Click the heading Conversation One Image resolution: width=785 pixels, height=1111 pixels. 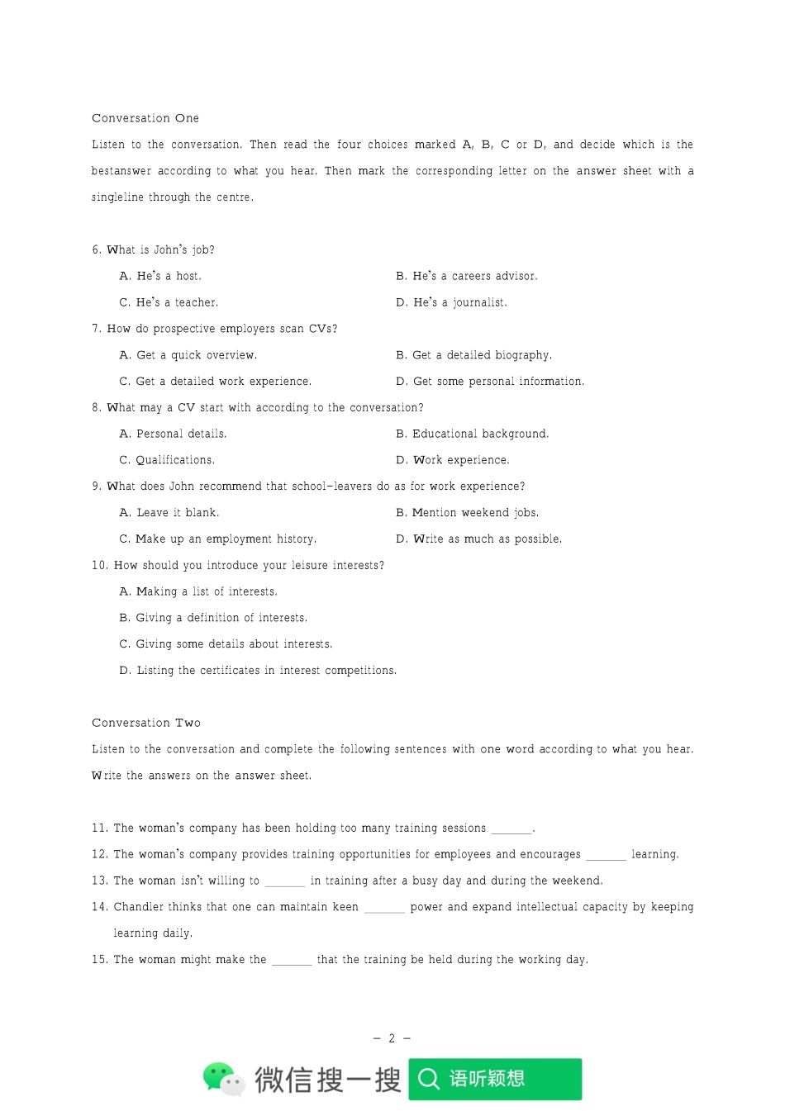[x=145, y=118]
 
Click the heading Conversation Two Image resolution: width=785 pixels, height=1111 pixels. [x=146, y=723]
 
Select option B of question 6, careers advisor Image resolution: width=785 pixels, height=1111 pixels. [x=467, y=276]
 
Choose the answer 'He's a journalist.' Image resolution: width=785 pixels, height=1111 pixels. [x=451, y=302]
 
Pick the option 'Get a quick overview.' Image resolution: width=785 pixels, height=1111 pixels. [x=188, y=355]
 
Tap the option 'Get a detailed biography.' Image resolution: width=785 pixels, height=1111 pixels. [x=473, y=355]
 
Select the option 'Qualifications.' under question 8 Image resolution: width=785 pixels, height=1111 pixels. [x=167, y=460]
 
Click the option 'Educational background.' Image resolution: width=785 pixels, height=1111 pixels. [x=472, y=434]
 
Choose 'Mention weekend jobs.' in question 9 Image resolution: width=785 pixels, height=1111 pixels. [x=467, y=513]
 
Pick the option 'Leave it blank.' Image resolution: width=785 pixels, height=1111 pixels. [x=169, y=513]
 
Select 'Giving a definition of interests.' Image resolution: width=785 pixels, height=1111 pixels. [x=213, y=618]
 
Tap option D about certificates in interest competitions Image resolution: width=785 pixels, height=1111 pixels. [x=258, y=671]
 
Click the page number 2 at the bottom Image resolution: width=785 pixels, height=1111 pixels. [x=392, y=1038]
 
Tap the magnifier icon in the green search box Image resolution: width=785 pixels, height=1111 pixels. [x=429, y=1079]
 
